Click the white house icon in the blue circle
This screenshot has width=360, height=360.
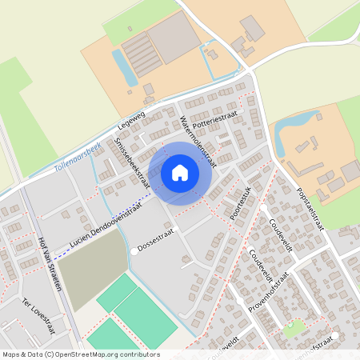coord(180,173)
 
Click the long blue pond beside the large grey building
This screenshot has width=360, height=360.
coord(125,66)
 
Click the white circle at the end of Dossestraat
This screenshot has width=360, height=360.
coord(133,252)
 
